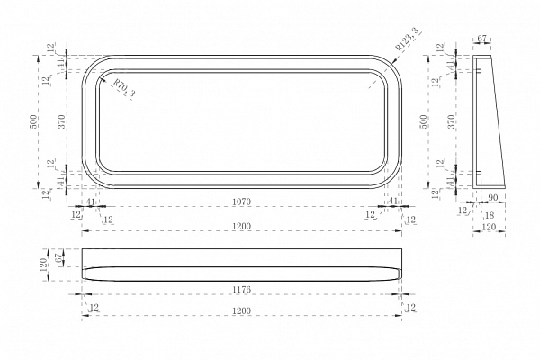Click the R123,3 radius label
409,39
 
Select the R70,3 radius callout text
124,88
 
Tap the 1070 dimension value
241,202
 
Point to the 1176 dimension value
241,290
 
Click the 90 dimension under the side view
493,198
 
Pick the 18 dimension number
490,216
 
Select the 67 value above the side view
481,39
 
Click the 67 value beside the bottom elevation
58,257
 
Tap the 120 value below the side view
489,227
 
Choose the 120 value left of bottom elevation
45,265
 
